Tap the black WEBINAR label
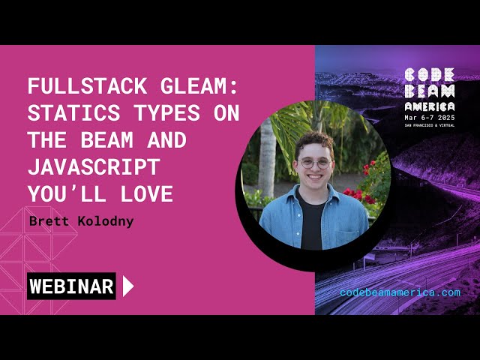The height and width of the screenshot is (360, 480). (x=71, y=286)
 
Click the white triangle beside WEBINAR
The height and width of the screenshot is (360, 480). (x=127, y=286)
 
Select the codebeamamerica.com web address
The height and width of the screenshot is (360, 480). (x=400, y=292)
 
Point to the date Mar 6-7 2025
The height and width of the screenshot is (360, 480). (x=429, y=117)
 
